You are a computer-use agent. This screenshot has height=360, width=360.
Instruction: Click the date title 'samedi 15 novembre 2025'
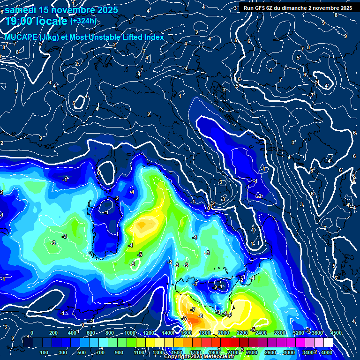pos(61,10)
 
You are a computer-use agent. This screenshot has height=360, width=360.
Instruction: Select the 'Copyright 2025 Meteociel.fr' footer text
pos(200,357)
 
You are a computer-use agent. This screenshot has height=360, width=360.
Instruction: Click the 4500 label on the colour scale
pos(336,333)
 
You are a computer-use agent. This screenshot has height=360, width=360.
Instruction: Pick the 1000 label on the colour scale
pos(129,333)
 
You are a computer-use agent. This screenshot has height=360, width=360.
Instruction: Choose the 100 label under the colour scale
pos(45,352)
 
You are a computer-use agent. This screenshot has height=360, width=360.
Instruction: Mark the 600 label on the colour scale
pos(91,333)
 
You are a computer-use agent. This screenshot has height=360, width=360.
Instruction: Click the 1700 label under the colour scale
pos(195,352)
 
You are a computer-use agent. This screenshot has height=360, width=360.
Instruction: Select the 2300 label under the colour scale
pos(252,352)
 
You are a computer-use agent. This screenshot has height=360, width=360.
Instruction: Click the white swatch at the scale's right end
pos(328,343)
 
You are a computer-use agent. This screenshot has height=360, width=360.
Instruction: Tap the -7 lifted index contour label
pos(193,310)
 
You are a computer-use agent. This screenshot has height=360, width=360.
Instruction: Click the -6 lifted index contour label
pos(200,316)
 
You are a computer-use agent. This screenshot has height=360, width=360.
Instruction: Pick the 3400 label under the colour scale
pos(307,352)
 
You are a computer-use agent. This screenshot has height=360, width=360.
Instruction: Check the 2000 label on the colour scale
pos(224,333)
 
